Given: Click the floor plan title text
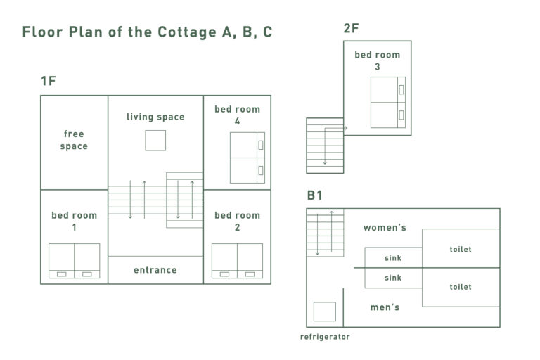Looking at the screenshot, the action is pos(147,32).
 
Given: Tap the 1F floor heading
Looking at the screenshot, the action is pos(49,81).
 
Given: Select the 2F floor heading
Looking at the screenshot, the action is pos(351,28).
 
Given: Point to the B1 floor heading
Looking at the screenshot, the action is pos(314,195).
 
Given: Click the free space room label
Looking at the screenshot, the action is pos(74,140).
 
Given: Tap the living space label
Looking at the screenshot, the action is pos(155,117).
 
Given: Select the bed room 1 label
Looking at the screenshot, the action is pos(74,221).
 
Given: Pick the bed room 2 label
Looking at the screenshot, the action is pos(237,221).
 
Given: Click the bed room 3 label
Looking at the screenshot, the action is pos(378,60).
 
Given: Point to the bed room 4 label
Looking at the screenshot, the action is pos(237,115).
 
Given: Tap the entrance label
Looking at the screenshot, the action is pos(155,270).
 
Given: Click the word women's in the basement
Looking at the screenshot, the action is pos(385,227).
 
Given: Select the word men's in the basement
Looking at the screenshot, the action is pos(385,307).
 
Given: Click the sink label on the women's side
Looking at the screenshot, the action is pos(393,257).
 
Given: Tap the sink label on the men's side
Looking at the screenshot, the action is pos(393,278).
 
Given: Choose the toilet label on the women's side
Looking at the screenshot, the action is pos(461,249).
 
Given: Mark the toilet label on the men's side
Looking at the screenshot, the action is pos(461,287).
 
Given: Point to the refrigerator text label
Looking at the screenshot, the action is pos(325,337).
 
